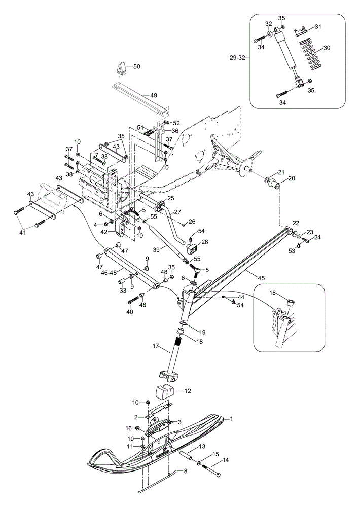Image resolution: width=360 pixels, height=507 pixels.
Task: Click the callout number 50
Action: (x=137, y=66)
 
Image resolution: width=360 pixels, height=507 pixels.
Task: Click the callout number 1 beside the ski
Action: (x=232, y=419)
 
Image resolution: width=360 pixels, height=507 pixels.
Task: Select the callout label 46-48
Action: (x=110, y=272)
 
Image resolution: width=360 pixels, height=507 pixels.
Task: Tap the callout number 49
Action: (x=154, y=95)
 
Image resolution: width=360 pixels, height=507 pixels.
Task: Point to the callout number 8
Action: (x=186, y=472)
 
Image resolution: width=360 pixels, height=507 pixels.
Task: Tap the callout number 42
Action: (x=104, y=232)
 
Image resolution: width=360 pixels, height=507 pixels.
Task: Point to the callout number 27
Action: (x=178, y=212)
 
